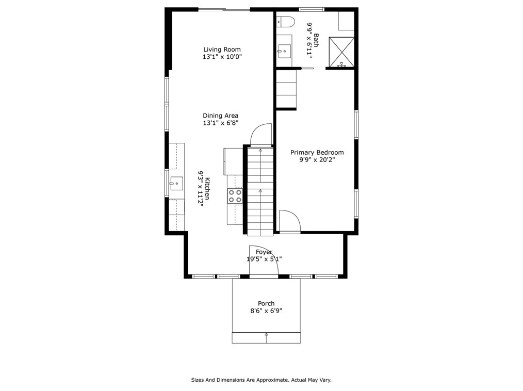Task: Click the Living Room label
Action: click(222, 50)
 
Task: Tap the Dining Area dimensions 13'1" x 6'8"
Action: click(220, 123)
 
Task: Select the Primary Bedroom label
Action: click(317, 152)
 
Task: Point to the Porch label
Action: click(266, 303)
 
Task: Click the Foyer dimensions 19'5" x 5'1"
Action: click(264, 259)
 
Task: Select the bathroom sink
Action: click(283, 51)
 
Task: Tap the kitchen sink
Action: click(176, 183)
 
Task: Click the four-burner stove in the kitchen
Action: click(235, 195)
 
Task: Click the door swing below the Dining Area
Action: click(261, 135)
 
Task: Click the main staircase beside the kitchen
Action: click(260, 191)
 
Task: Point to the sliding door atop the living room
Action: click(224, 9)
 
